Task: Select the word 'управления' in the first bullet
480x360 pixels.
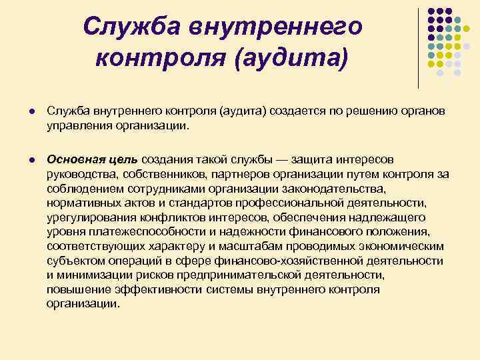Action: point(73,123)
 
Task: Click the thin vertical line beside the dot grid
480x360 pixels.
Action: point(418,47)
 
